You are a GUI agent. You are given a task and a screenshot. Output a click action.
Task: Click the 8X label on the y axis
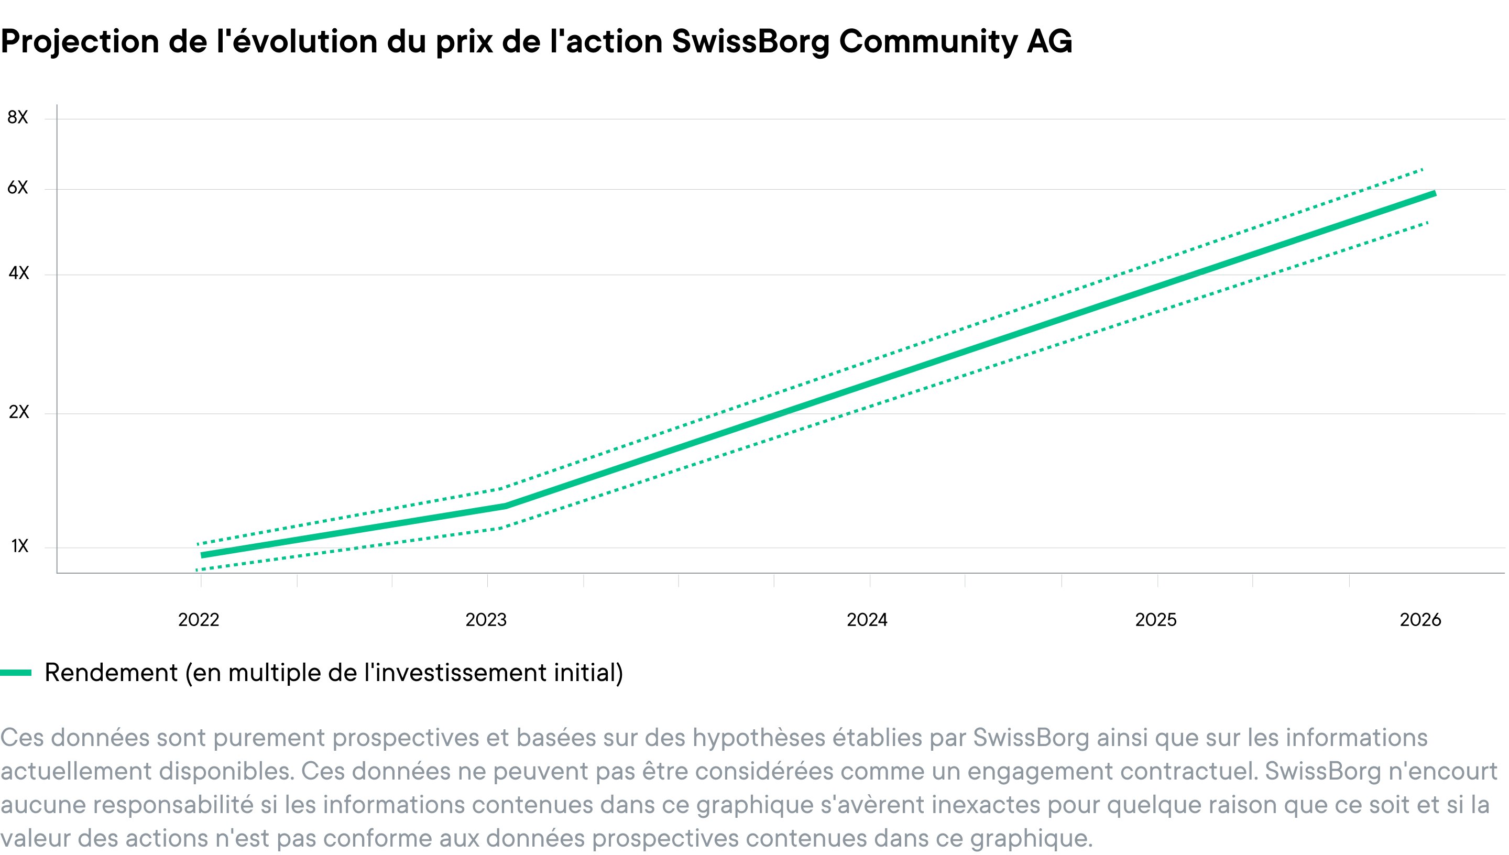coord(18,117)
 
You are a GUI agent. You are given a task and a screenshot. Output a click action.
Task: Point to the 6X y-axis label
coord(18,188)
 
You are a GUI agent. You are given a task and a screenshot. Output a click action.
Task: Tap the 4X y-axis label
coord(18,273)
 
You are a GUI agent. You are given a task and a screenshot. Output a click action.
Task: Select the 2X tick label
coord(19,412)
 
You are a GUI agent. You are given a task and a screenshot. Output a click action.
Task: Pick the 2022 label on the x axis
coord(199,620)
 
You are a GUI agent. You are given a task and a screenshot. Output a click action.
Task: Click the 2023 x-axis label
coord(486,620)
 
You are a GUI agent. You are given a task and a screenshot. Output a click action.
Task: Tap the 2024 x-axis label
coord(867,620)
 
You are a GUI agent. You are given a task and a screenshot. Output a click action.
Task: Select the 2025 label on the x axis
coord(1155,620)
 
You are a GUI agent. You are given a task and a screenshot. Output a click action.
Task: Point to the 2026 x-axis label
coord(1420,620)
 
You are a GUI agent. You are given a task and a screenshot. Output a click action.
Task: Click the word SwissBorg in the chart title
coord(750,42)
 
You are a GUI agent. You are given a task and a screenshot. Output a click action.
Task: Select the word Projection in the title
coord(80,42)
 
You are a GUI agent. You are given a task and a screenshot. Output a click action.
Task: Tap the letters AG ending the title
coord(1049,42)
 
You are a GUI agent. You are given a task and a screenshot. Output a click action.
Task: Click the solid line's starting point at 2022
coord(202,555)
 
